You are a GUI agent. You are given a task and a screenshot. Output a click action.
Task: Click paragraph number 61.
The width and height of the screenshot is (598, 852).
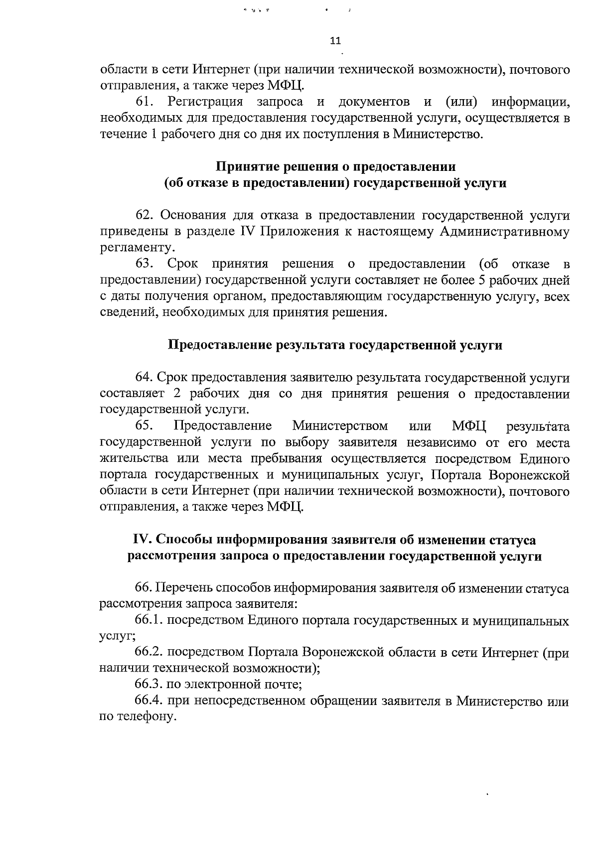click(146, 102)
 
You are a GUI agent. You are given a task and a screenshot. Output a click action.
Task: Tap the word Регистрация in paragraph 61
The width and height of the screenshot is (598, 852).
click(206, 102)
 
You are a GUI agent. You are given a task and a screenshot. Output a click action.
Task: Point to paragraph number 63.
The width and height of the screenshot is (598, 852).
click(146, 264)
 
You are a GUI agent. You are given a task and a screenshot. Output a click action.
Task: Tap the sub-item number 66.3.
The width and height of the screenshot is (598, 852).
click(149, 685)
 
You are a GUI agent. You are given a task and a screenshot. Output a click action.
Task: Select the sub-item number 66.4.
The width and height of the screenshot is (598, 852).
click(149, 701)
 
